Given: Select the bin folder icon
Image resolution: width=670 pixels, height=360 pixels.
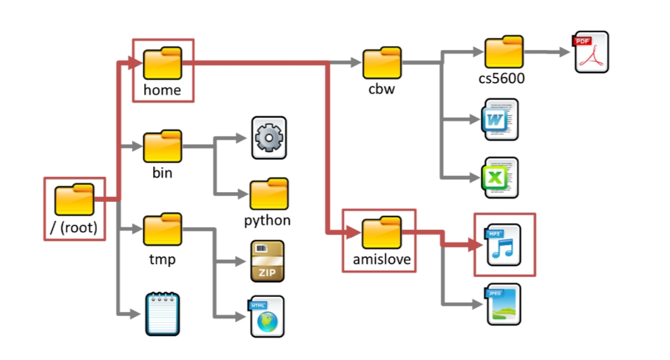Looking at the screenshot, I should tap(162, 146).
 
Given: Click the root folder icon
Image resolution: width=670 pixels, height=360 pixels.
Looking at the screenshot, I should tap(74, 199).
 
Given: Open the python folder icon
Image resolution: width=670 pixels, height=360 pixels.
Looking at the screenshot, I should tap(269, 194).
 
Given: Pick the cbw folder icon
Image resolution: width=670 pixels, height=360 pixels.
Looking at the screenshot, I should tap(382, 63).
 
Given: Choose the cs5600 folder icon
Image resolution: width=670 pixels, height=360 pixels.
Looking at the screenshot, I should tap(504, 53).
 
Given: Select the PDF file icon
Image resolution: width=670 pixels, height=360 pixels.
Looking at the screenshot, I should tap(591, 52).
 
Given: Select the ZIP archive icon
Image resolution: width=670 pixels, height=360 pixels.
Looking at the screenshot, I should tap(267, 261).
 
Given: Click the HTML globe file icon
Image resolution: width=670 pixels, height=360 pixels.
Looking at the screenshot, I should tap(267, 316).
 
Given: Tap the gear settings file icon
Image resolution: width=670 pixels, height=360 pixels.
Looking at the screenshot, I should tap(268, 138).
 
